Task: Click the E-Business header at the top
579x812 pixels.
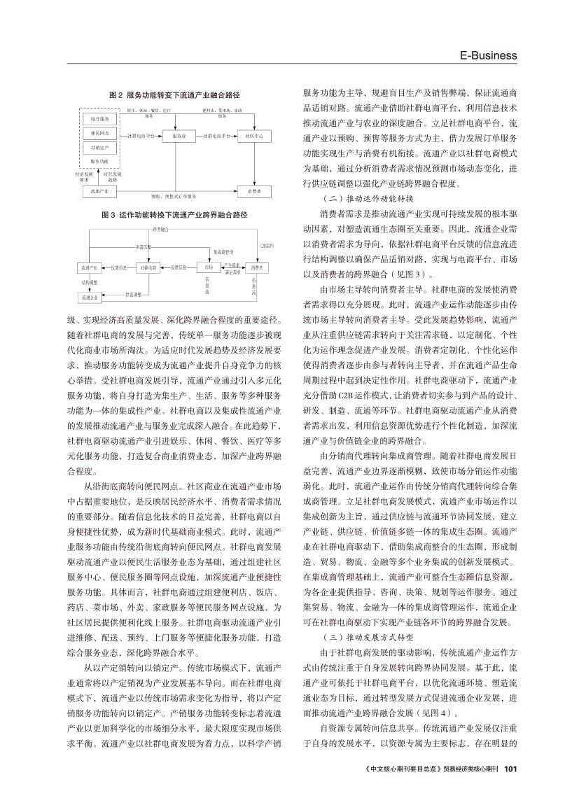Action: coord(488,55)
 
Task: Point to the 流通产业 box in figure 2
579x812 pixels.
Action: coord(95,190)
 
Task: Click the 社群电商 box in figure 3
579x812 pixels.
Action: coord(148,267)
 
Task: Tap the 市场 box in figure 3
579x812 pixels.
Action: coord(208,267)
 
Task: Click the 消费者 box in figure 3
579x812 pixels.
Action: coord(256,267)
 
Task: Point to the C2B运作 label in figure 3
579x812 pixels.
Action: coord(266,246)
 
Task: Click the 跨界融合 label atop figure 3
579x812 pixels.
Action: coord(160,228)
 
